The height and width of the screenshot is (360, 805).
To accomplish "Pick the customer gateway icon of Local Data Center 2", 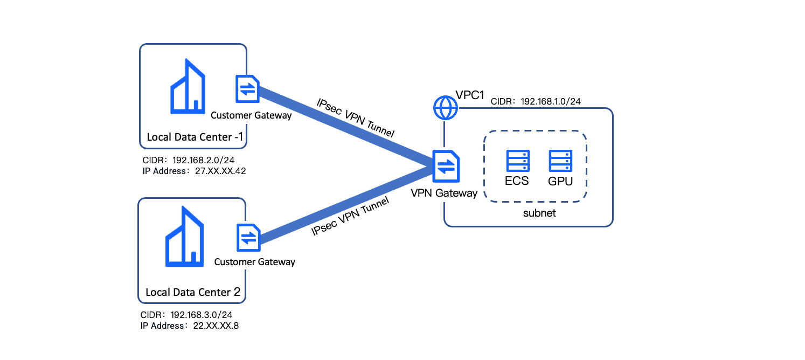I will tap(248, 238).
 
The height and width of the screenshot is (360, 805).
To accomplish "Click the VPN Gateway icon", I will tap(446, 166).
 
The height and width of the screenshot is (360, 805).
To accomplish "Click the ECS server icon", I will tap(518, 161).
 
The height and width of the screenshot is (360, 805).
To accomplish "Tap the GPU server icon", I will tap(560, 161).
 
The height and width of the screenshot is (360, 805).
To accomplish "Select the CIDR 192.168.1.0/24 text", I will tap(535, 101).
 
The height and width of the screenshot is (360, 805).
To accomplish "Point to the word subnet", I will tap(539, 213).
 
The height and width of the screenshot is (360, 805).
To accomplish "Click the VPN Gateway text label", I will tap(444, 193).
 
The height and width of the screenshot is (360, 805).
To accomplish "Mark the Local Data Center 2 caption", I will tap(193, 293).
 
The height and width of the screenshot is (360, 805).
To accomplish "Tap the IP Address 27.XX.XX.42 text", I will tap(194, 171).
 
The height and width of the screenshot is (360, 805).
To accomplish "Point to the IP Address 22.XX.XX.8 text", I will tap(190, 326).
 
